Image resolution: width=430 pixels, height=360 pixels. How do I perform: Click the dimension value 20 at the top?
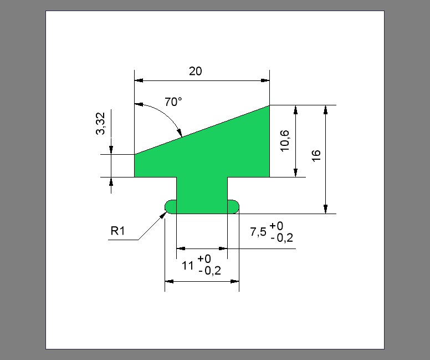tap(196, 72)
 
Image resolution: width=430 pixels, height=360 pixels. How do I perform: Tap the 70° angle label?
tap(173, 102)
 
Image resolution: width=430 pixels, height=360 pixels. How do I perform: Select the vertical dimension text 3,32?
tap(101, 123)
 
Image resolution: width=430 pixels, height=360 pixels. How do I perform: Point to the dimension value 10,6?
tap(285, 140)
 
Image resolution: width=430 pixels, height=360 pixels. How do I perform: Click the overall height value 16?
tap(316, 156)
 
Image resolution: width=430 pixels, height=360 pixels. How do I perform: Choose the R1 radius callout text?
tap(117, 231)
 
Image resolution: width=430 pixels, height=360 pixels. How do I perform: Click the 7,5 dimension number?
tap(258, 232)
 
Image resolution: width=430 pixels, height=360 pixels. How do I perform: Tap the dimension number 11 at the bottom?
tap(188, 266)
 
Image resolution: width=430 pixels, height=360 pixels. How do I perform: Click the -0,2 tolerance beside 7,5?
tap(281, 238)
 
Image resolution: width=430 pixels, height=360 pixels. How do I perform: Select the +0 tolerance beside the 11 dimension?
tap(204, 258)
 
